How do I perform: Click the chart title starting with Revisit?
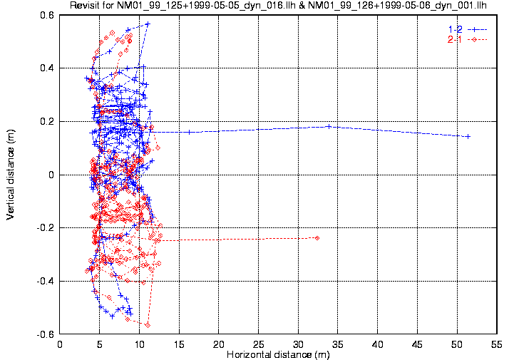click(x=282, y=6)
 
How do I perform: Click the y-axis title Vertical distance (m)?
click(x=10, y=174)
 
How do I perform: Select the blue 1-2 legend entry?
click(x=466, y=29)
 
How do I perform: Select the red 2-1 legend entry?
click(x=466, y=39)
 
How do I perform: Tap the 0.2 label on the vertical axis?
click(x=47, y=121)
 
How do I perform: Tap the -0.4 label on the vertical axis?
click(x=46, y=282)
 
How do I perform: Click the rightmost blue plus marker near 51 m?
click(x=468, y=136)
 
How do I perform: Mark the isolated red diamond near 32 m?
click(x=317, y=238)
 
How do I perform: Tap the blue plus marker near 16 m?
click(x=189, y=132)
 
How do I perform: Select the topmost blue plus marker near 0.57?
click(x=148, y=24)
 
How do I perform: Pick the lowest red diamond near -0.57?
click(x=148, y=325)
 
